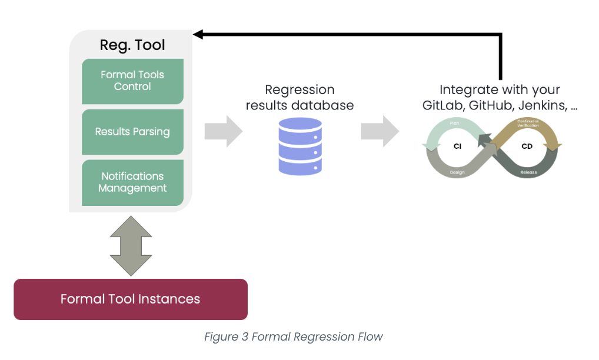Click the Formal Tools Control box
[132, 81]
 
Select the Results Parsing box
[132, 132]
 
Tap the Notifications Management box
[132, 182]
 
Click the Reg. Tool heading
[132, 45]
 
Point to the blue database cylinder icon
[300, 146]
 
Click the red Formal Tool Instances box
[130, 299]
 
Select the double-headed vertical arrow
[131, 246]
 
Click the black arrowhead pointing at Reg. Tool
[199, 35]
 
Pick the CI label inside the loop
[457, 146]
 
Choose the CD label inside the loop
[527, 146]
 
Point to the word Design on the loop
[457, 172]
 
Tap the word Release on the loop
[528, 173]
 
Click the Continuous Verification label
[528, 124]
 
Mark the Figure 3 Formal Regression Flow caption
[294, 337]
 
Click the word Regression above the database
[299, 90]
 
